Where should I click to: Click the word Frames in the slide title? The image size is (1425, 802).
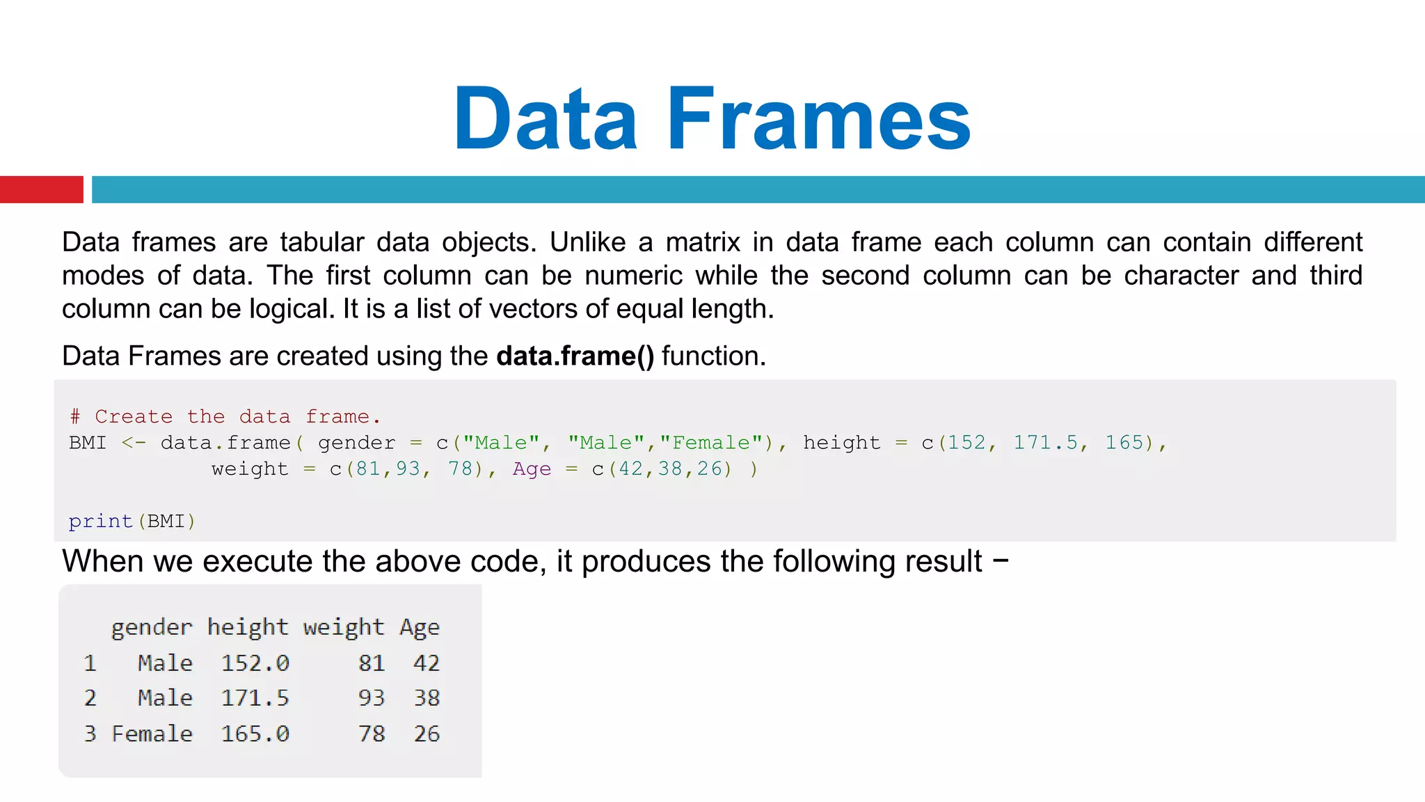point(818,118)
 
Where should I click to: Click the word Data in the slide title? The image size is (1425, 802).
point(546,118)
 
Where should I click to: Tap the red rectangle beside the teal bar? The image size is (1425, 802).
point(41,189)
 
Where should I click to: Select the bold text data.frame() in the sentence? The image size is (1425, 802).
point(575,356)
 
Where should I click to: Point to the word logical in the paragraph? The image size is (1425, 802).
point(292,308)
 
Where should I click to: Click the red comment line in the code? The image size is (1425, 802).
point(225,416)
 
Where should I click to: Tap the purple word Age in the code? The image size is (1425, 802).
point(532,469)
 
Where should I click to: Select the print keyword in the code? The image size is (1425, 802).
point(101,521)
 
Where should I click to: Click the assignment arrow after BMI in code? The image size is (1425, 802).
point(134,443)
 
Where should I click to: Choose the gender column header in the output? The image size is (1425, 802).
point(152,627)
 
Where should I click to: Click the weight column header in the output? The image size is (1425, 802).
point(343,627)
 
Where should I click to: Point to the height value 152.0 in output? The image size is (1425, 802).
point(255,663)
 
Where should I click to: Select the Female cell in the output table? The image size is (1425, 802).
point(152,734)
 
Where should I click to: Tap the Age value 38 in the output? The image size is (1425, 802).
point(427,698)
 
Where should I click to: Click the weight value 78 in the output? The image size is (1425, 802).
point(372,734)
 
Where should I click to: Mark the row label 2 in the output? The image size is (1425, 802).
point(90,698)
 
